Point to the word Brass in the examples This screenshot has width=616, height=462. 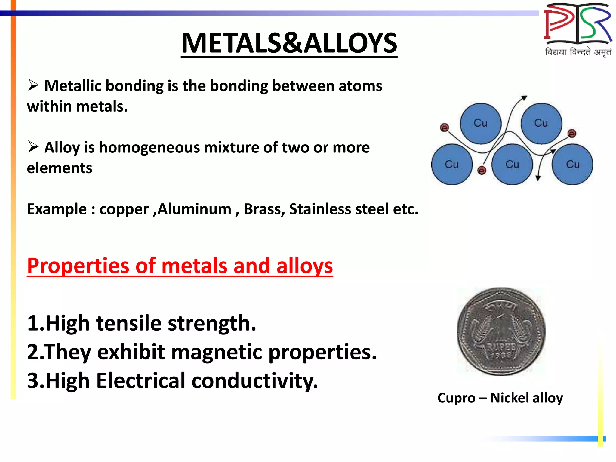(x=264, y=209)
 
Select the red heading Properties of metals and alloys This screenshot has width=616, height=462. (x=180, y=266)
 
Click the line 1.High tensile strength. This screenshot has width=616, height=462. (x=141, y=323)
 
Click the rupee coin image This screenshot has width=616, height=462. (x=501, y=331)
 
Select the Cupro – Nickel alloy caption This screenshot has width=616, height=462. (x=500, y=398)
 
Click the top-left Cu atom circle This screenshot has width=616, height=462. (x=480, y=123)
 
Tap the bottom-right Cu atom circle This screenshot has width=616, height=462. (x=572, y=165)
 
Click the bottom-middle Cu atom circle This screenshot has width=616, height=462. (x=512, y=165)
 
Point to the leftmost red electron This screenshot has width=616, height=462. (x=444, y=128)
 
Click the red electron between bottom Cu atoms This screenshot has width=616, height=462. (x=482, y=171)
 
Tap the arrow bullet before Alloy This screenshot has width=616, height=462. (x=33, y=147)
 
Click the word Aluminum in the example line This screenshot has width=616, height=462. (x=194, y=209)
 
